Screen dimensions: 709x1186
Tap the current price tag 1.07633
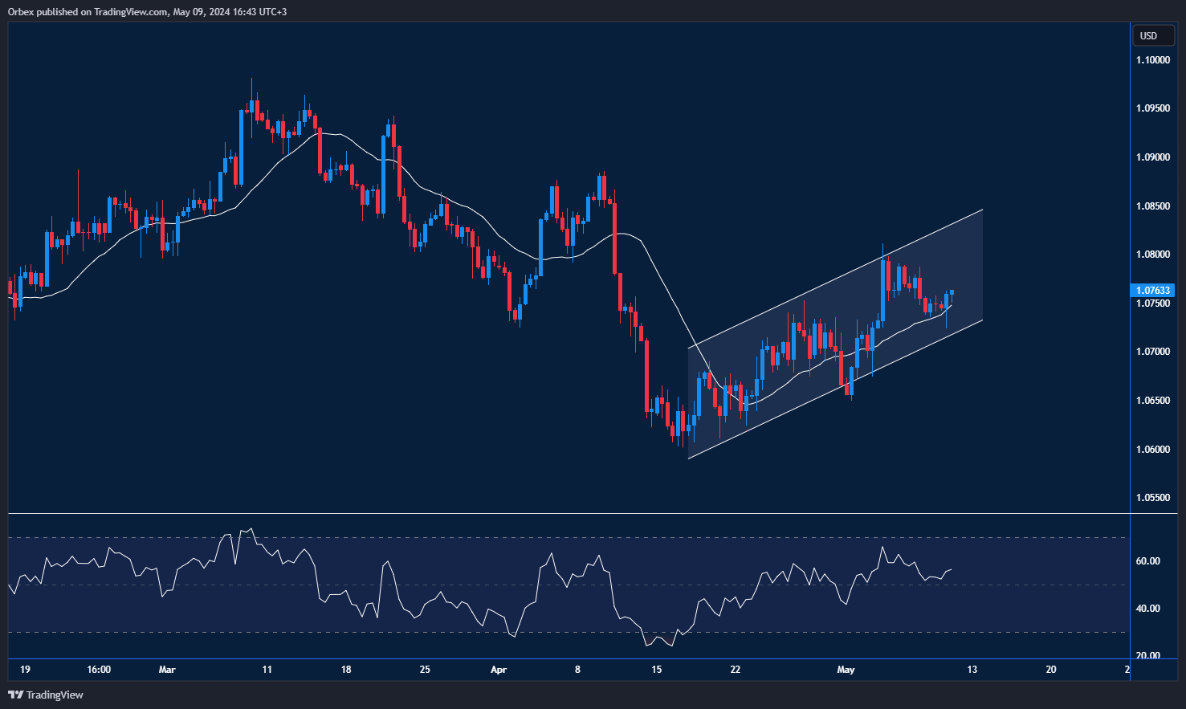1151,291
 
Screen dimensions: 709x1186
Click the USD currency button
1149,35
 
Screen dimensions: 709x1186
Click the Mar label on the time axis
167,670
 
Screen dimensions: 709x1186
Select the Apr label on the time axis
499,670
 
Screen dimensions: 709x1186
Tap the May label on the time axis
846,670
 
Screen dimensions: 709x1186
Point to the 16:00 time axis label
99,670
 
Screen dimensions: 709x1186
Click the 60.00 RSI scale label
1147,561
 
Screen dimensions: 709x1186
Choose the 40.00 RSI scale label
1147,609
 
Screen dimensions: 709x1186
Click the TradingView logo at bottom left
46,695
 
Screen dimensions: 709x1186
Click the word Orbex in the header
21,12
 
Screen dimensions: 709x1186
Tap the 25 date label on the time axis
425,670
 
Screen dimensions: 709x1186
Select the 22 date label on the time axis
735,670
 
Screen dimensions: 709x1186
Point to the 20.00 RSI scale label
1147,656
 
